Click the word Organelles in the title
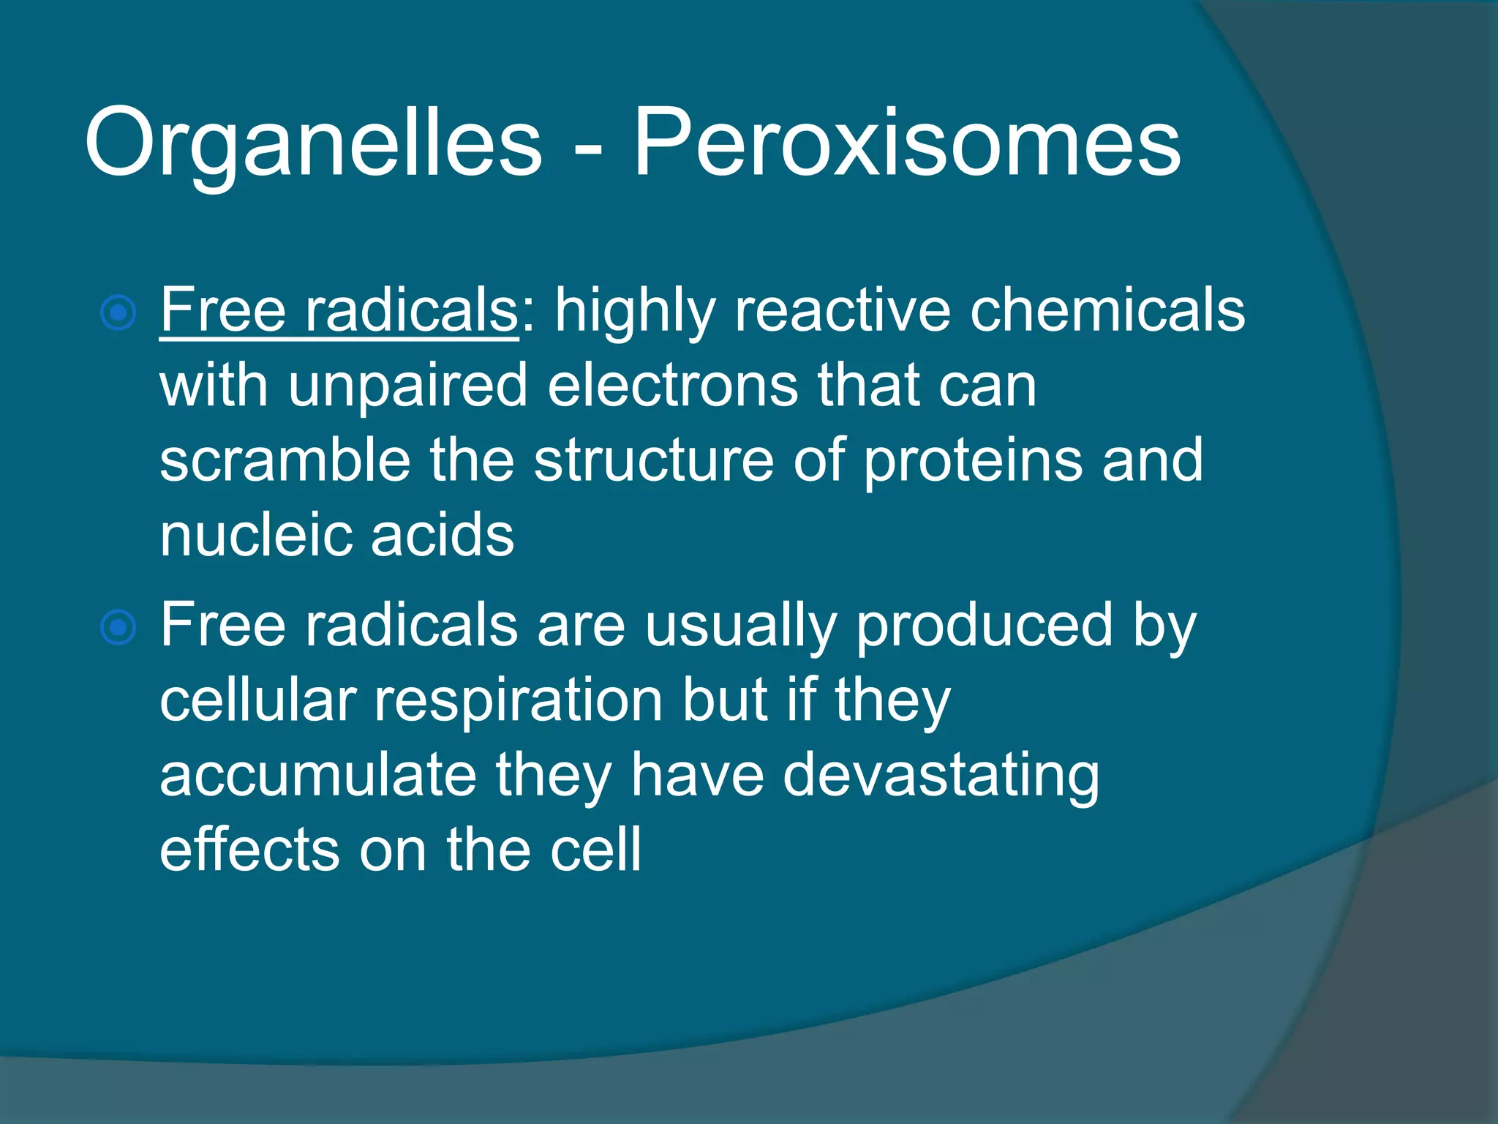pos(313,143)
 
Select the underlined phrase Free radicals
pos(339,310)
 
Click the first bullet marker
pos(118,313)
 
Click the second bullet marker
pos(118,627)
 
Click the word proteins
pos(973,461)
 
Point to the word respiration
pos(519,701)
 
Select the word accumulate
pos(318,776)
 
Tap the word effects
pos(249,850)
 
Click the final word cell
pos(595,850)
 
